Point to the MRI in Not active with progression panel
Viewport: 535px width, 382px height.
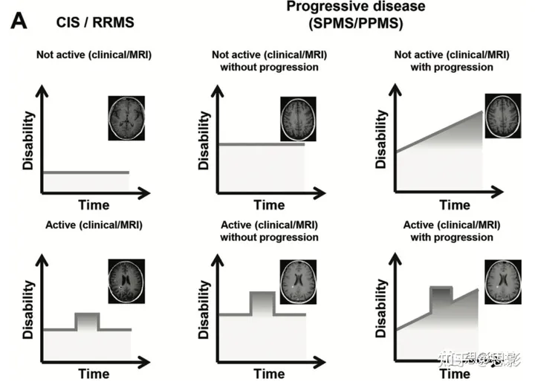(502, 115)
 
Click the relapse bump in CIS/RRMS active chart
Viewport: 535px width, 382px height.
(87, 322)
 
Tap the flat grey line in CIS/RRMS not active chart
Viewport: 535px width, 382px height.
(86, 172)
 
